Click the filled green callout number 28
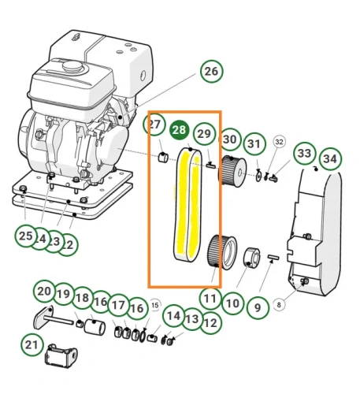coord(180,131)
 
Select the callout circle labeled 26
coord(210,72)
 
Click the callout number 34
coord(330,158)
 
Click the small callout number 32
coord(279,142)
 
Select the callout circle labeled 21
coord(32,344)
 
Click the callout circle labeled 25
coord(26,236)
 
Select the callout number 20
coord(44,292)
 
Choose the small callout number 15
coord(154,304)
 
